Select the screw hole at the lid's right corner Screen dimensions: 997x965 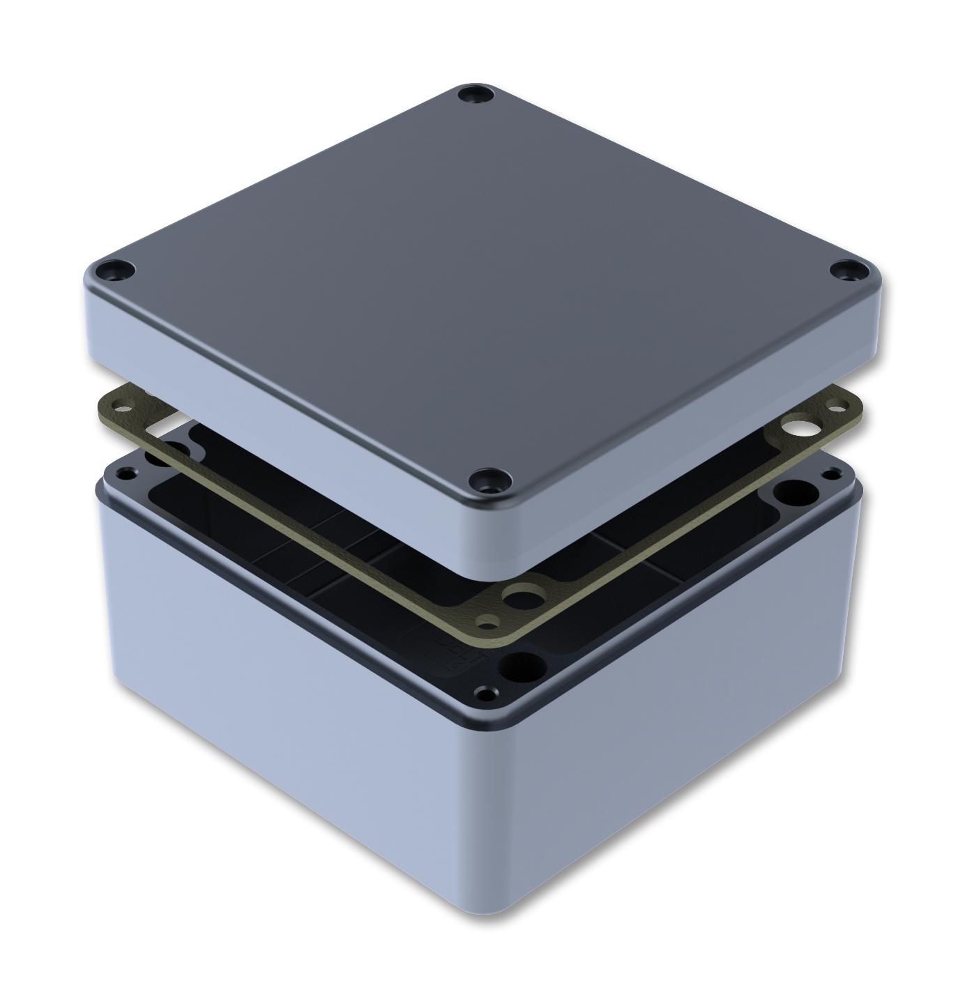coord(848,270)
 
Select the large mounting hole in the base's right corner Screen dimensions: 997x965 coord(793,492)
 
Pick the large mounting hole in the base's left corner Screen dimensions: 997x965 coord(155,457)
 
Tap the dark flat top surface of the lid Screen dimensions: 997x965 coord(481,279)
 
